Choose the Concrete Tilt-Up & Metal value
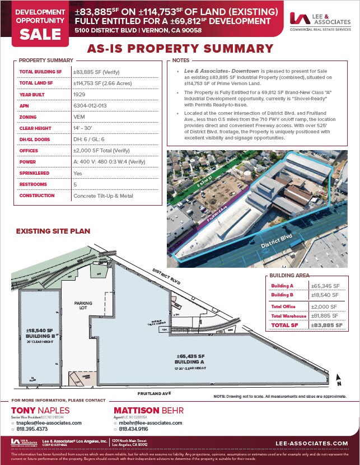tap(104, 196)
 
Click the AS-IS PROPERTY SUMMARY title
tap(180, 49)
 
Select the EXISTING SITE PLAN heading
tap(53, 231)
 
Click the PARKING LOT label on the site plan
tap(83, 305)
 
